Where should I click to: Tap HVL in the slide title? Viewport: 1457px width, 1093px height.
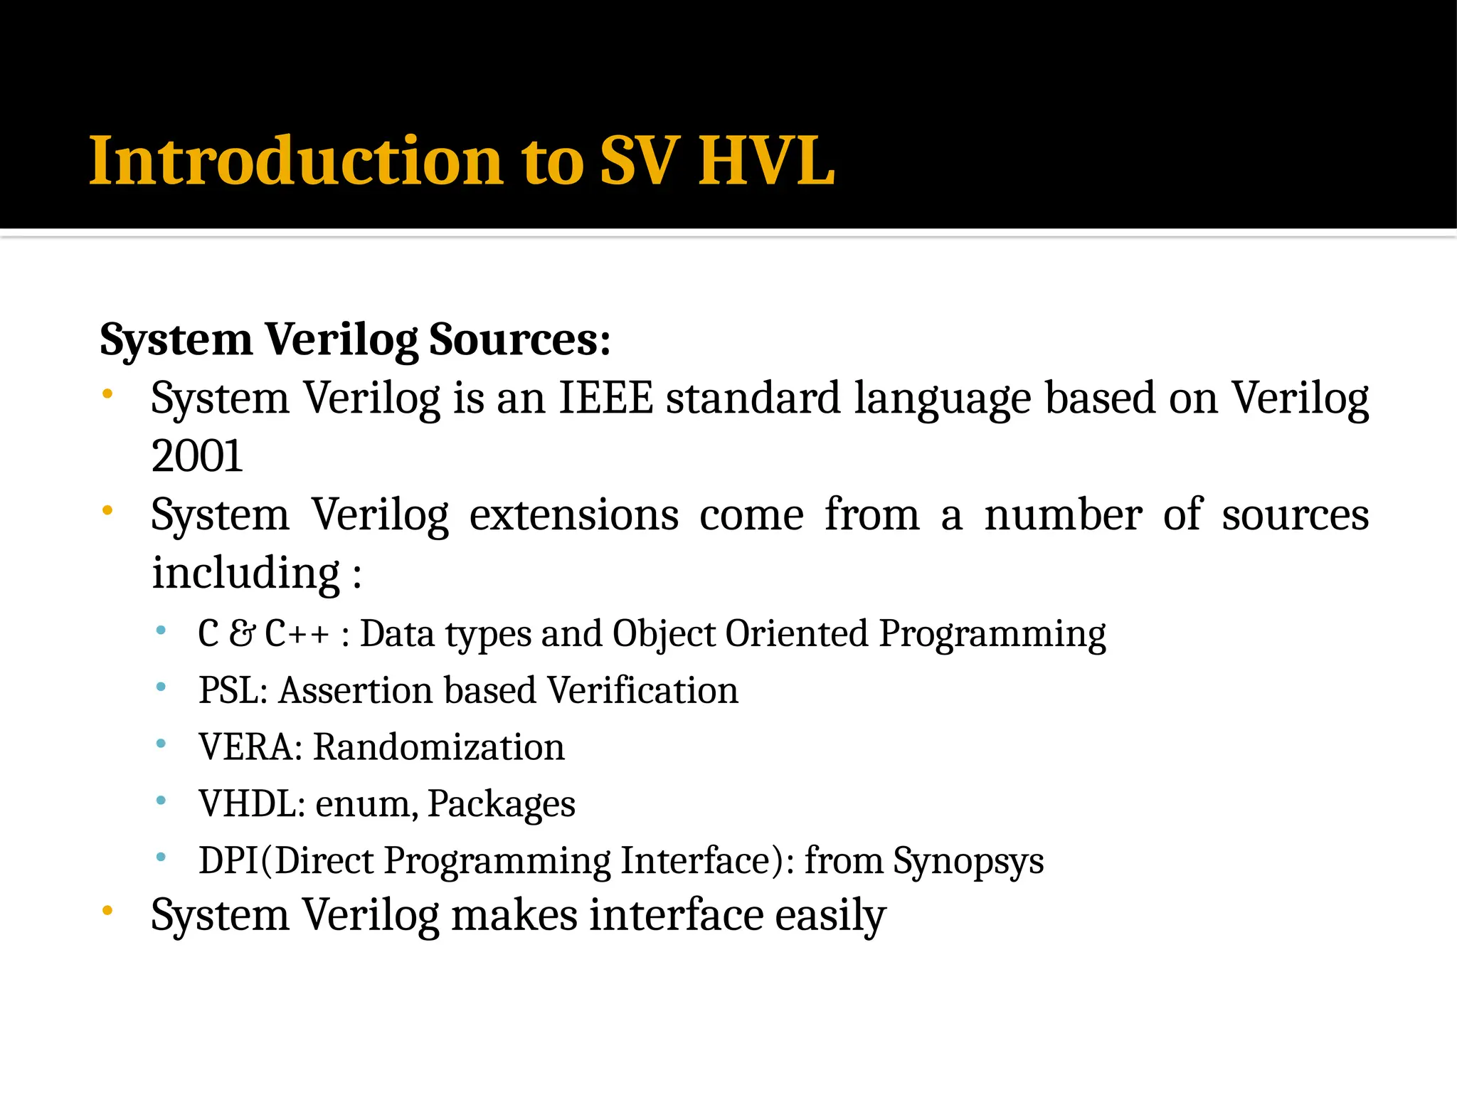766,162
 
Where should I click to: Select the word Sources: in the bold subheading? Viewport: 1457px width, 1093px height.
520,339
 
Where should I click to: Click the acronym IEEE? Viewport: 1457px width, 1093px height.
606,398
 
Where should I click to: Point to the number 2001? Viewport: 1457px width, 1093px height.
197,456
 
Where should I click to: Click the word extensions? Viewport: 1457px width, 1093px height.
573,514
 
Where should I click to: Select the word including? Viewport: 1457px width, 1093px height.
246,573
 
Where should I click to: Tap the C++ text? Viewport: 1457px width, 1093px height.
297,633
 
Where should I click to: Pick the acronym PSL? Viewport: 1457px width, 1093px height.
228,690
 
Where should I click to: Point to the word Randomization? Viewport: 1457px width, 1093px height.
439,747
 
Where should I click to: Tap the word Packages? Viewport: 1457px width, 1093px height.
502,804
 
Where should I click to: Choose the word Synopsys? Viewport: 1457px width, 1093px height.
968,861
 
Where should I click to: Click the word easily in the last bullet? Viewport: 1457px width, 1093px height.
830,915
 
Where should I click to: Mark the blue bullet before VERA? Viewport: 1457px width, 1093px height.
161,744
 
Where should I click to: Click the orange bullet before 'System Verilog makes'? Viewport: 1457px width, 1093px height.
107,911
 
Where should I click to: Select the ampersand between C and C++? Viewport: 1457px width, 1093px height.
242,633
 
